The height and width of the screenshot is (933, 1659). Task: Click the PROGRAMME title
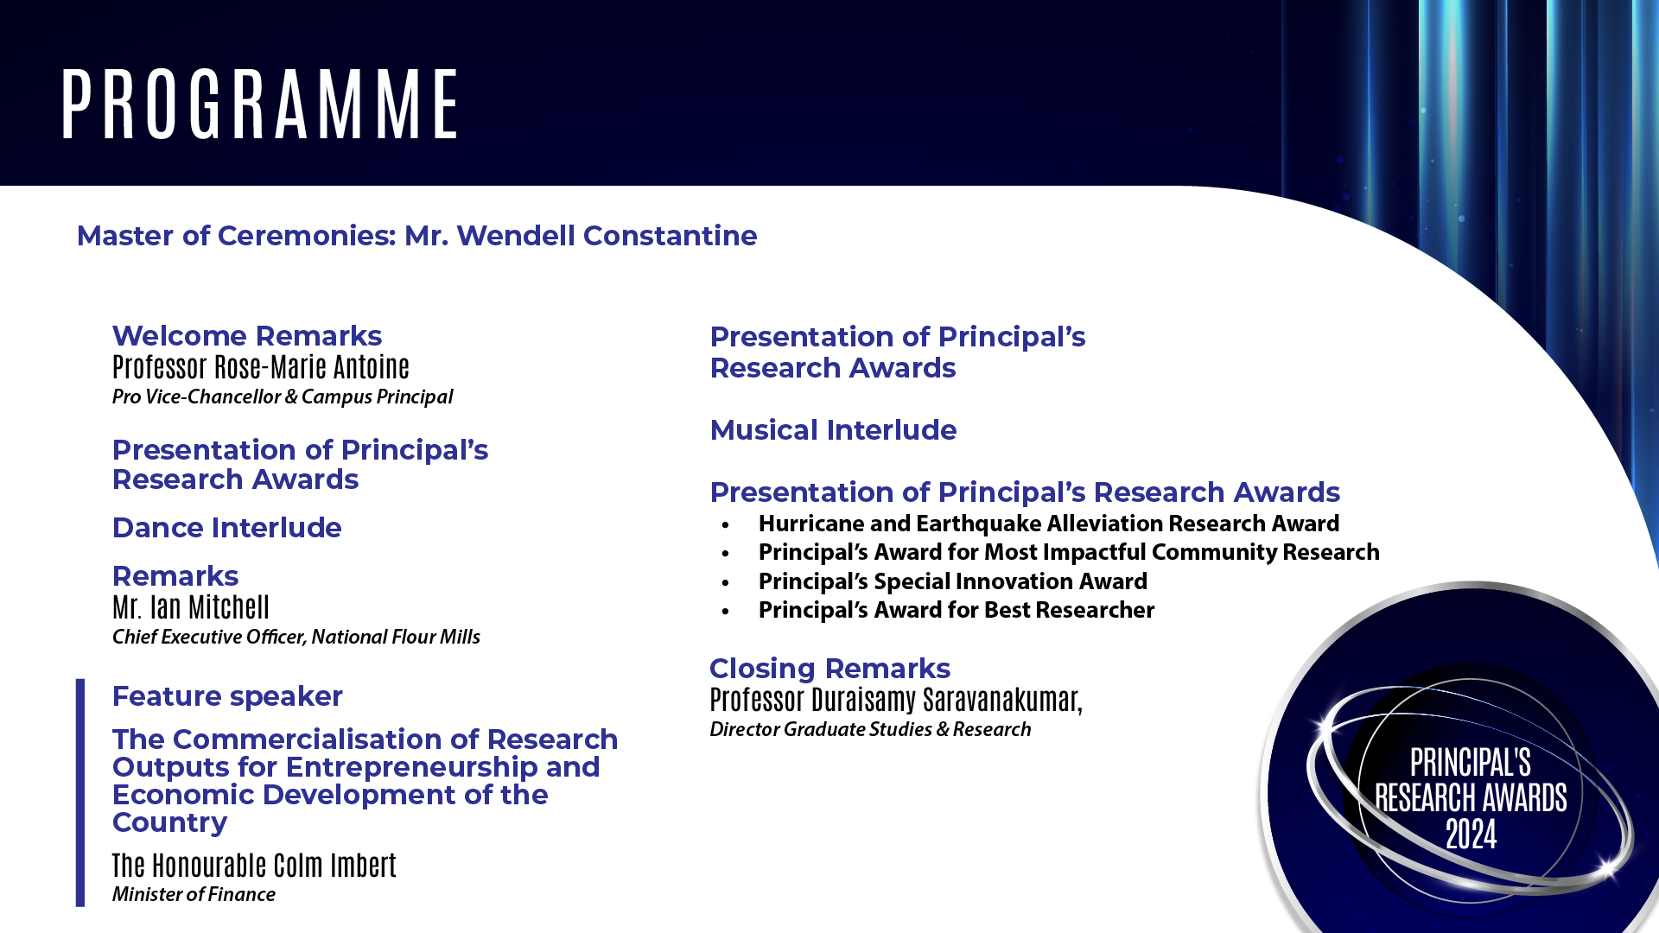click(x=260, y=105)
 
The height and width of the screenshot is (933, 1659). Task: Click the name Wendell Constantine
click(x=607, y=236)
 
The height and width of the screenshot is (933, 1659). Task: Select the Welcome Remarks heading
click(x=247, y=336)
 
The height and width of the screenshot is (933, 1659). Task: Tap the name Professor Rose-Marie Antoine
click(x=261, y=367)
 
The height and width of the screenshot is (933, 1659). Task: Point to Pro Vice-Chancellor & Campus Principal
click(x=283, y=397)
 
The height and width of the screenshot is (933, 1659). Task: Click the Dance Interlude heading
click(x=227, y=528)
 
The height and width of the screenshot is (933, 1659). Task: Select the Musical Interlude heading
click(x=833, y=430)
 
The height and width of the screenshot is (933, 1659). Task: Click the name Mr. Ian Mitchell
click(x=191, y=607)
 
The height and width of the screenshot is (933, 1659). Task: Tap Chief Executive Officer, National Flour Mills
click(x=296, y=637)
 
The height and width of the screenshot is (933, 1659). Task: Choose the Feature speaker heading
click(x=227, y=696)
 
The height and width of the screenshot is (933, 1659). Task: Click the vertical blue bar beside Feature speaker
click(x=80, y=792)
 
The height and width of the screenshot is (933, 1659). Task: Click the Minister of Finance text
click(x=194, y=894)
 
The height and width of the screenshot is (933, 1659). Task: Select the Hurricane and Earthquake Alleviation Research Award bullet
click(x=1049, y=524)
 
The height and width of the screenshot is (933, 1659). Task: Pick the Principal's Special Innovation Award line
click(x=953, y=581)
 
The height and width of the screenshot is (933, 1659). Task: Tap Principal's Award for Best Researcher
click(x=957, y=610)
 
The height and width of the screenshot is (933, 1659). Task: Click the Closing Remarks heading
click(x=829, y=669)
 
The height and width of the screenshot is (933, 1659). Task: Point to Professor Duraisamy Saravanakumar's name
click(x=896, y=700)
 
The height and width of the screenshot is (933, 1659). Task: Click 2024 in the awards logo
click(x=1471, y=835)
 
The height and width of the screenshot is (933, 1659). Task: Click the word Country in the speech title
click(x=170, y=822)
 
